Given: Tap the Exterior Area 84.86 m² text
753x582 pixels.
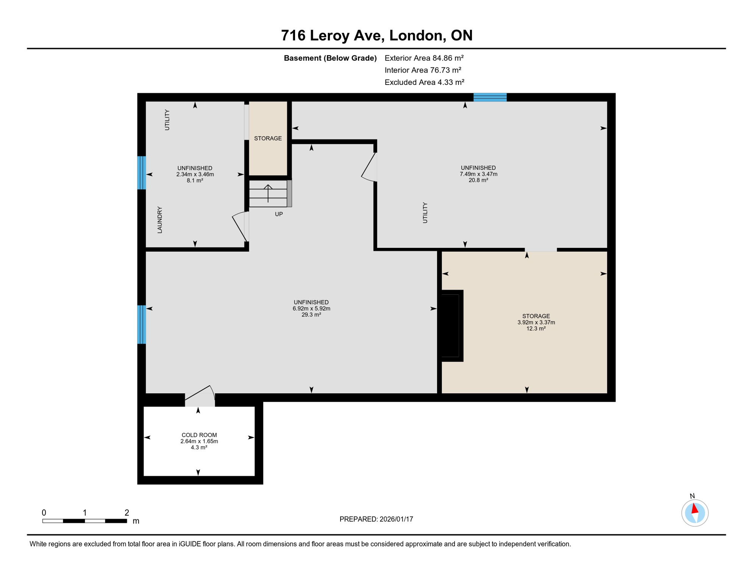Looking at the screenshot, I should (424, 58).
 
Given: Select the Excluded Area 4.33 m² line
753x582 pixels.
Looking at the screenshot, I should (424, 82).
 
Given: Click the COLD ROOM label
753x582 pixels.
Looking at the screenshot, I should (199, 435).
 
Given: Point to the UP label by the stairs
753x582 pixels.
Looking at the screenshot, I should (279, 214).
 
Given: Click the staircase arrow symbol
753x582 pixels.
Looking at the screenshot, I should (268, 193).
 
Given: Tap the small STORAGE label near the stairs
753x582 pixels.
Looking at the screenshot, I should (268, 138).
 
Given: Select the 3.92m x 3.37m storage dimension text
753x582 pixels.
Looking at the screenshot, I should (536, 322).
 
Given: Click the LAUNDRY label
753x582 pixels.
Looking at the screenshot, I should (160, 220).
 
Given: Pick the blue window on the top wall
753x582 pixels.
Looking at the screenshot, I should (490, 97).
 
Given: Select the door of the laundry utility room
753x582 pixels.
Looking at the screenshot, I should (240, 227).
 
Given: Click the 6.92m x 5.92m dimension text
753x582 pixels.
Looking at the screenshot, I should (311, 308).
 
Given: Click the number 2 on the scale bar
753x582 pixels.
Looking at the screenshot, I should (127, 513).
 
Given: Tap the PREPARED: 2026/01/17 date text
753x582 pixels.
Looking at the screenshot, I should (376, 519).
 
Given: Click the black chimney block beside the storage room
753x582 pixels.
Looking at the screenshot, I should (450, 325).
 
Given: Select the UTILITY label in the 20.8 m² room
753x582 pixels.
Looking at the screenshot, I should (425, 213).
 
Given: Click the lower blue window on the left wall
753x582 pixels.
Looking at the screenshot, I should (141, 324).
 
